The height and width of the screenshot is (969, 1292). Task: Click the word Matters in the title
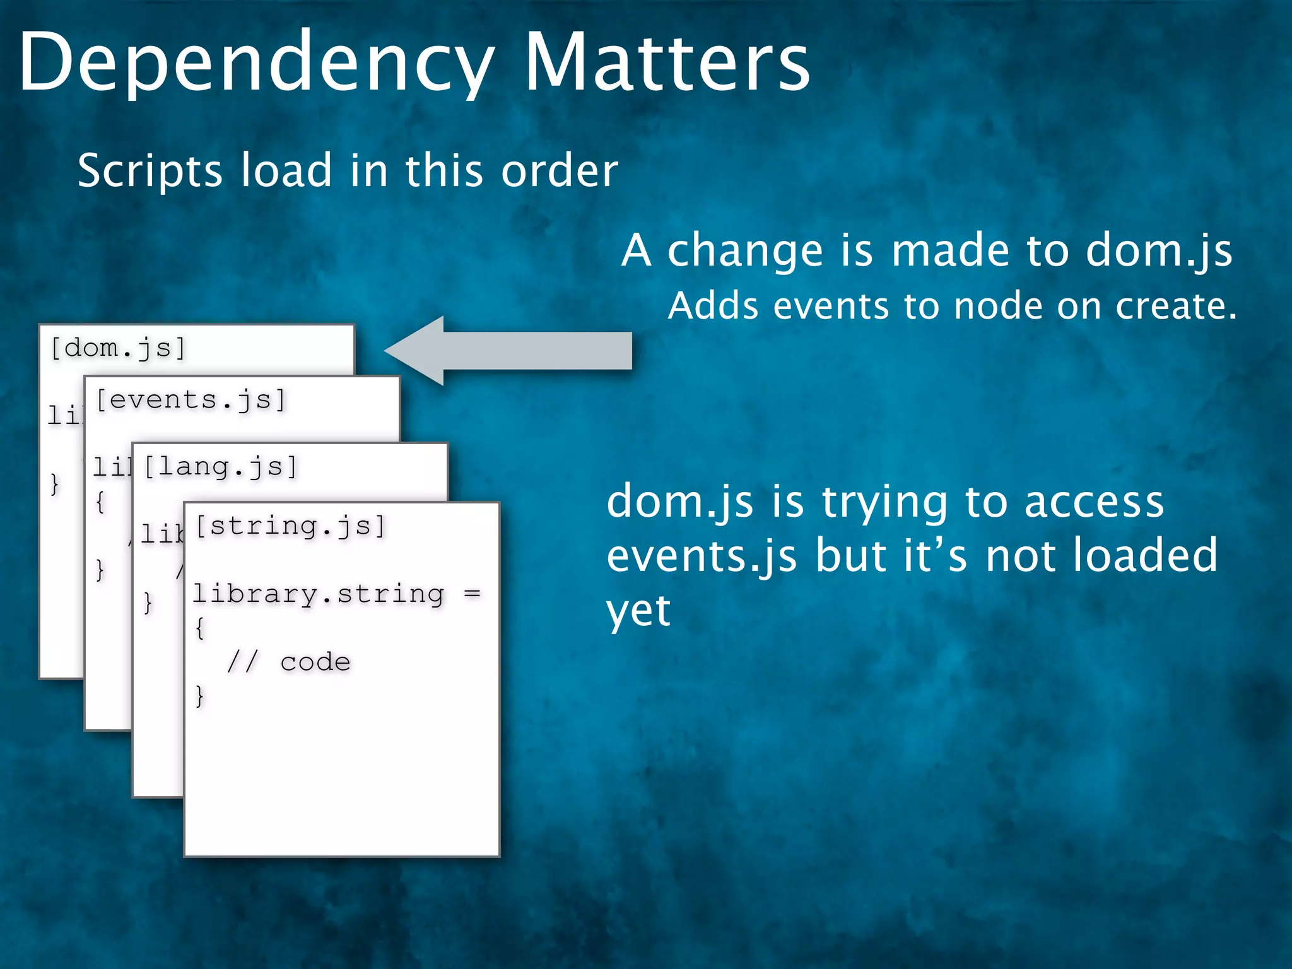tap(667, 63)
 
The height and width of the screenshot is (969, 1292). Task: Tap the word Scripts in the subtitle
tap(150, 172)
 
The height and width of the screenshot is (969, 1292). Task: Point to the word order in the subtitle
tap(560, 172)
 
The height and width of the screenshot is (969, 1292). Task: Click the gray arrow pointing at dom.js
tap(508, 351)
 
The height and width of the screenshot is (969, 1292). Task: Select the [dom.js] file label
tap(118, 348)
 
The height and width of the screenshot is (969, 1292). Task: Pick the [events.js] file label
tap(191, 399)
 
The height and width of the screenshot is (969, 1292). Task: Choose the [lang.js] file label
tap(220, 467)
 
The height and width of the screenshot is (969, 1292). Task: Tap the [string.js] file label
tap(290, 526)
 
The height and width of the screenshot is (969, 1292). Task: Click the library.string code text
tap(318, 594)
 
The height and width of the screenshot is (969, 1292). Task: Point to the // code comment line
tap(288, 662)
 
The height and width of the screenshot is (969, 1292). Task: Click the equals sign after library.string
tap(472, 594)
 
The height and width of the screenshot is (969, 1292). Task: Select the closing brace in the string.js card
tap(199, 695)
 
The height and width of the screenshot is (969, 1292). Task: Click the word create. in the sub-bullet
tap(1176, 307)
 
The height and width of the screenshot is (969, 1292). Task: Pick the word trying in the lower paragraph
tap(884, 503)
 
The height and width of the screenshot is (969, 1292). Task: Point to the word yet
tap(638, 611)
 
